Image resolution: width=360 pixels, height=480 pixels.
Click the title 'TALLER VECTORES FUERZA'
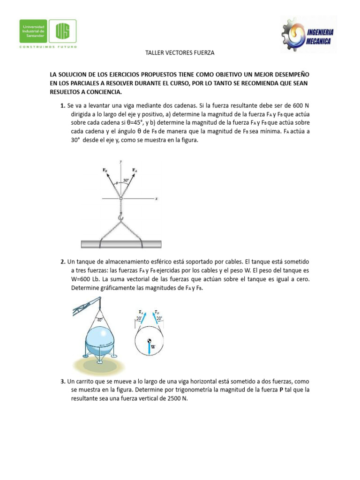[x=180, y=53]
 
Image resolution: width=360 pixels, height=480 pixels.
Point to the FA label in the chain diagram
[x=135, y=170]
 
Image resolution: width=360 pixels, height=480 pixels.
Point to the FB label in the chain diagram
[x=105, y=170]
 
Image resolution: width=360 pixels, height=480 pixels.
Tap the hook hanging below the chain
[x=121, y=217]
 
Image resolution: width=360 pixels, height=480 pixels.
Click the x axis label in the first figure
[x=156, y=199]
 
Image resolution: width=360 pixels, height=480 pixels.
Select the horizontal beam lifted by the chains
[x=121, y=244]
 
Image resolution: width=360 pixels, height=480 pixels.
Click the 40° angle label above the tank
[x=99, y=320]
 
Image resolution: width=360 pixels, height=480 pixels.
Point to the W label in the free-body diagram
[x=153, y=347]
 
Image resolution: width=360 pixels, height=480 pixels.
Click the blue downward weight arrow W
[x=149, y=348]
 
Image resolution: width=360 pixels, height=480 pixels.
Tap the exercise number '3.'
[x=63, y=382]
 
